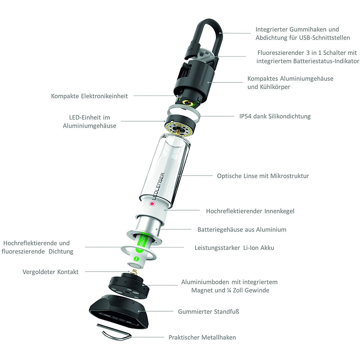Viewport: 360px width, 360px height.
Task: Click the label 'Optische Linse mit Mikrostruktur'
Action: [x=263, y=176]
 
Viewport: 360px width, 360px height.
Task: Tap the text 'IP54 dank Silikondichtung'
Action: [x=275, y=116]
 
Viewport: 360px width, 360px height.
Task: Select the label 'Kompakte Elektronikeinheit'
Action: [x=89, y=96]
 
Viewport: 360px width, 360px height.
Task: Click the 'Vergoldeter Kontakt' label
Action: [x=50, y=272]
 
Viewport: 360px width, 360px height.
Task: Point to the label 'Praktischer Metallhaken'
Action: [x=202, y=337]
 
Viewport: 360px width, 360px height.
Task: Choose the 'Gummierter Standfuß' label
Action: [x=208, y=311]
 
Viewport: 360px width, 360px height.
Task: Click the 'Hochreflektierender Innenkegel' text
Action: [x=250, y=211]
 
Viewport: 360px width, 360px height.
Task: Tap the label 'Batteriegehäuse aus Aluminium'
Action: [x=242, y=229]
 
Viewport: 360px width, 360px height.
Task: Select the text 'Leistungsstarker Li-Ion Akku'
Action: [x=234, y=248]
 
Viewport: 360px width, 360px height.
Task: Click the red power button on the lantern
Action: [x=152, y=204]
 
